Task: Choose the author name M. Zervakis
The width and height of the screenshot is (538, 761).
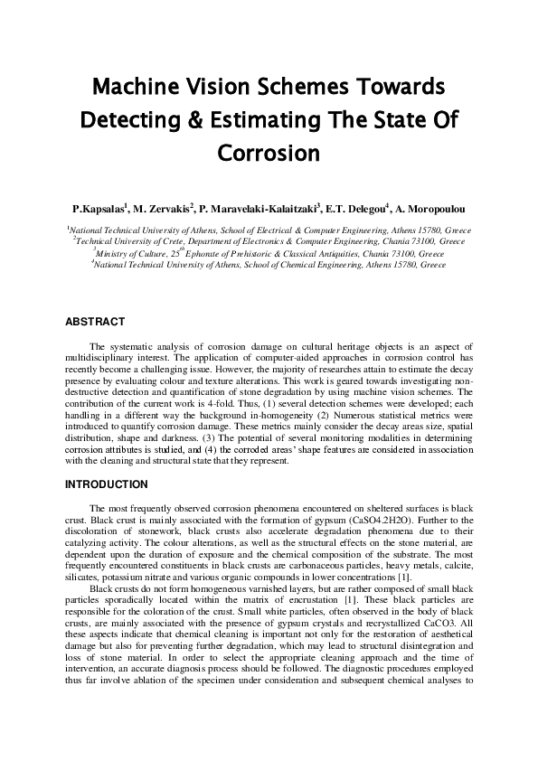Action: coord(164,207)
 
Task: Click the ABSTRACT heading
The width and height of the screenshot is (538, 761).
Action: coord(95,321)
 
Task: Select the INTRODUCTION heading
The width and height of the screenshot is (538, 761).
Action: coord(107,484)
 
